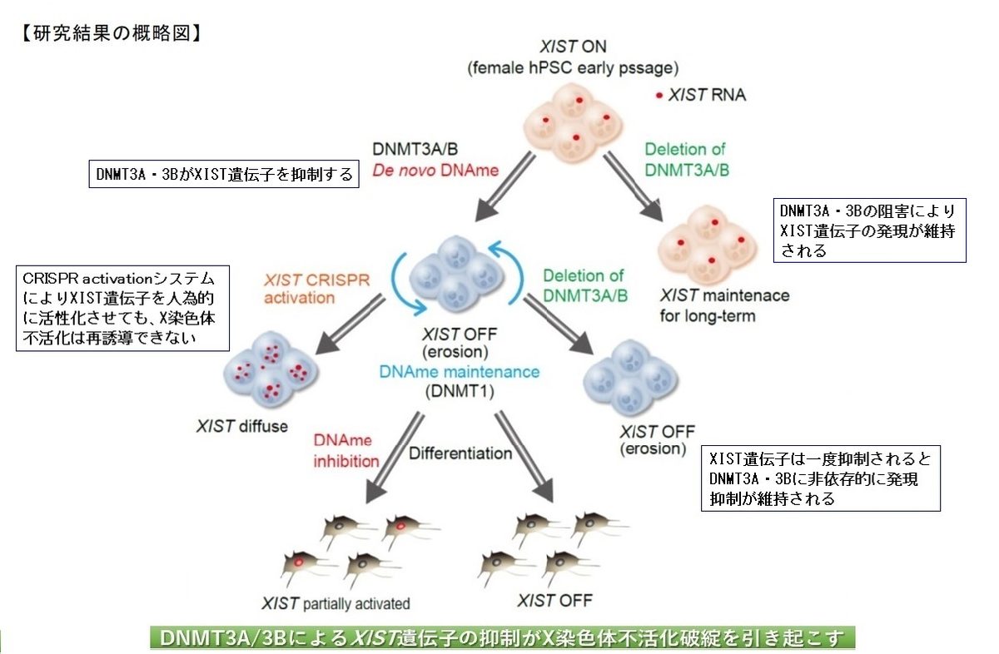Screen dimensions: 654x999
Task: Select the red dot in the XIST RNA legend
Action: tap(659, 96)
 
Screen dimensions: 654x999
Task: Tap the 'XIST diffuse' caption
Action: tap(242, 427)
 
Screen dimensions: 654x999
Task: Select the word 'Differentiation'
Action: tap(460, 453)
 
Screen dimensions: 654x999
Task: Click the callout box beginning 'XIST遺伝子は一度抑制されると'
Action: tap(821, 478)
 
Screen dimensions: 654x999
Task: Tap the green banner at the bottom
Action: tap(502, 638)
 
